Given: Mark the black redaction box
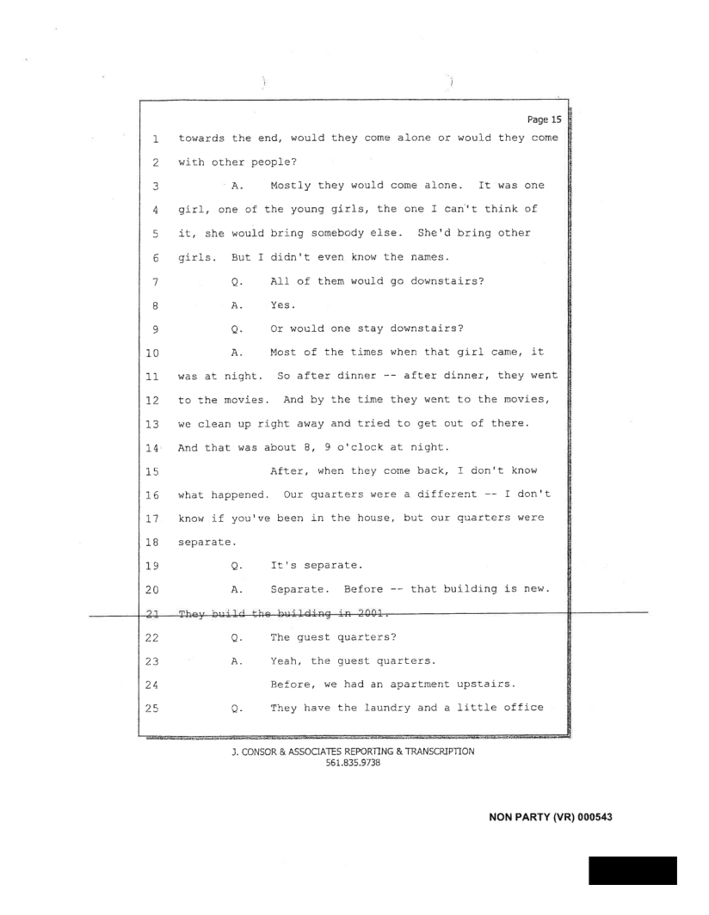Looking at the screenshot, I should click(x=632, y=870).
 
